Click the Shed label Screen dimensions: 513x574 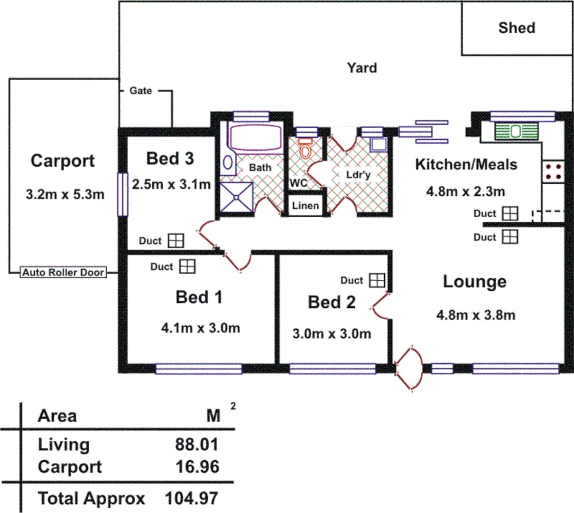coord(517,28)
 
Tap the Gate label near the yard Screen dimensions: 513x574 coord(140,91)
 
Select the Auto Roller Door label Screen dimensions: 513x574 coord(64,273)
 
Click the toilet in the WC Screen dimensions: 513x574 coord(305,150)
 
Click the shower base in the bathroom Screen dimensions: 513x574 coord(236,198)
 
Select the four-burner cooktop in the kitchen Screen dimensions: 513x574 coord(553,172)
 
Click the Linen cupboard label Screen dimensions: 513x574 coord(305,206)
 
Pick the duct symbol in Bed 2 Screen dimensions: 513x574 coord(377,281)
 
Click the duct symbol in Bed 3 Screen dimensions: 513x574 coord(176,241)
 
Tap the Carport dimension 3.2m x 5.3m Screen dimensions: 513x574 coord(65,194)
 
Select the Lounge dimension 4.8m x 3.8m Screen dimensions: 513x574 coord(475,315)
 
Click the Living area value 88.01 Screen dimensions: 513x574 coord(197,445)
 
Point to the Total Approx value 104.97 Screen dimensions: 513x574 coord(192,498)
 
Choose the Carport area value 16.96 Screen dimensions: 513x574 coord(197,467)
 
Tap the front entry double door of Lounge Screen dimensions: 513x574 coord(408,369)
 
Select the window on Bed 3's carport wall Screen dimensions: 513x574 coord(122,194)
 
